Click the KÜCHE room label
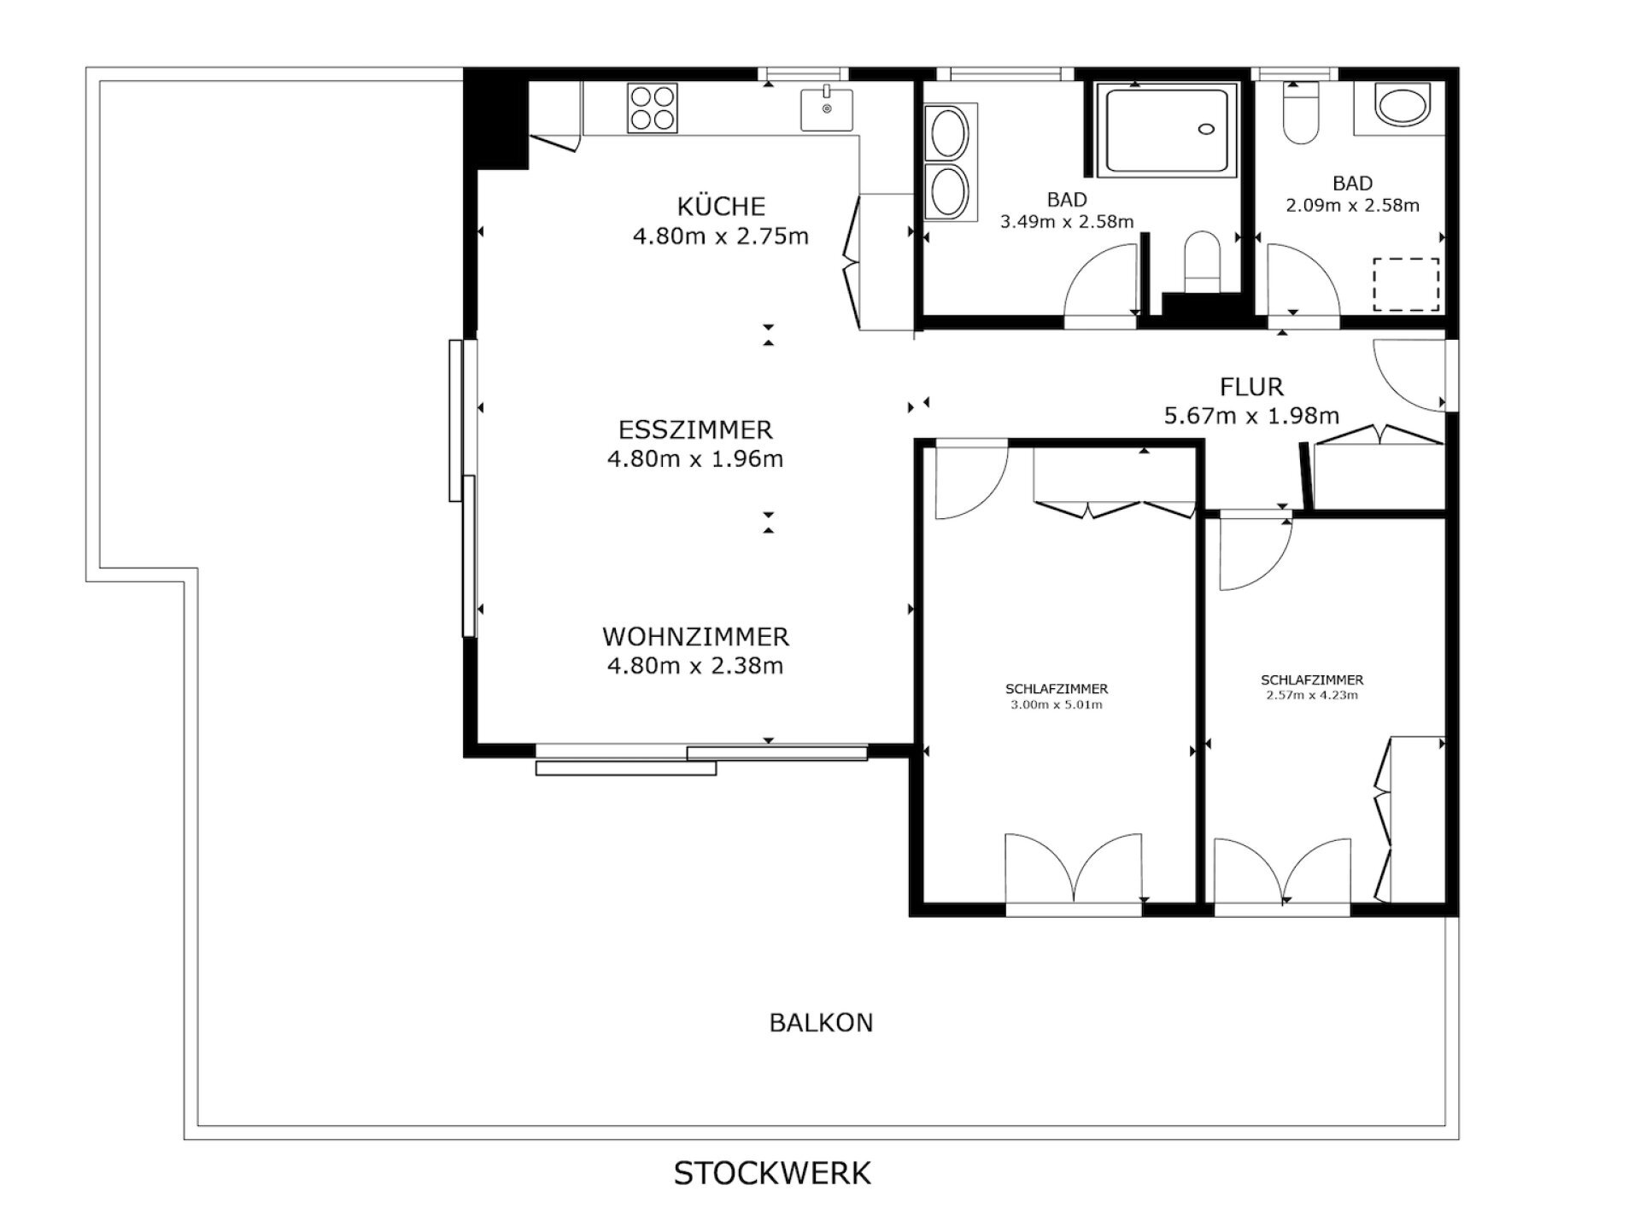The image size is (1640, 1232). coord(721,206)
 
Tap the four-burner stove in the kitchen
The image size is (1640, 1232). coord(653,108)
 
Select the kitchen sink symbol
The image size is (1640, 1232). coord(826,108)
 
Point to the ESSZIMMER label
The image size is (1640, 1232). coord(695,429)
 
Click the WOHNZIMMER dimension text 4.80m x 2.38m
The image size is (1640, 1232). coord(695,665)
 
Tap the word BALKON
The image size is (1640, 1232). coord(821,1023)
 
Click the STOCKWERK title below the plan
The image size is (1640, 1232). coord(772,1173)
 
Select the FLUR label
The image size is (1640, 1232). coord(1251,387)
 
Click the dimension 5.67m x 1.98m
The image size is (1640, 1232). coord(1251,416)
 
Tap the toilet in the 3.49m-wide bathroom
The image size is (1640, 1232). coord(1201,261)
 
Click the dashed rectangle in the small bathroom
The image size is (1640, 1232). coord(1406,284)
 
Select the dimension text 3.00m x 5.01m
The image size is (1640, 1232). coord(1056,705)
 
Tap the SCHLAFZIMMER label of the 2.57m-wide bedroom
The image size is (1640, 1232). coord(1312,680)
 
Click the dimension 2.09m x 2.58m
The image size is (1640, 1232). coord(1352,205)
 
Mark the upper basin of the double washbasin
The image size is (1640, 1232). coord(948,134)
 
